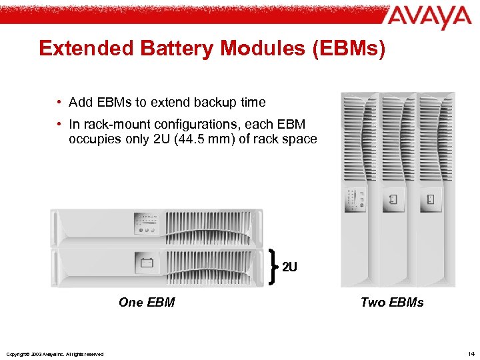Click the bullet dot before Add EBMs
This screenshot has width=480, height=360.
point(59,103)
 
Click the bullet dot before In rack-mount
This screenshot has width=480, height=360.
point(59,124)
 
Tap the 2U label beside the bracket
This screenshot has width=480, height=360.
point(289,267)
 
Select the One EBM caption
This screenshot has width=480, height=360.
point(147,302)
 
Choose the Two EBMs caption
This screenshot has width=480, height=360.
point(392,302)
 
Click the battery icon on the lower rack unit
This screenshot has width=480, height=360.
point(147,262)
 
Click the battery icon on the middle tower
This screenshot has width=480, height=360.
point(394,199)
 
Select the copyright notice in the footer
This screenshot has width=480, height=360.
point(54,354)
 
